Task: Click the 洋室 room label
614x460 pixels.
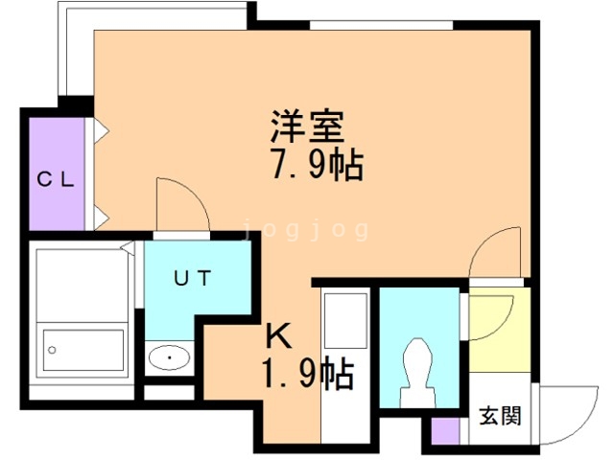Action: click(x=307, y=126)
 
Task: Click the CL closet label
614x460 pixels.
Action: click(x=56, y=180)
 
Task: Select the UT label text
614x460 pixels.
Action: click(x=193, y=278)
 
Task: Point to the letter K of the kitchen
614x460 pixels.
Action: click(x=278, y=337)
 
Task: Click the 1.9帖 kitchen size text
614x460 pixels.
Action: click(x=308, y=374)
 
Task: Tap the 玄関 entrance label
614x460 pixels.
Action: click(x=501, y=415)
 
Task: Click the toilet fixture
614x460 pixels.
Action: click(x=417, y=372)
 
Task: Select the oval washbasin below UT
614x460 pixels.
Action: click(x=170, y=357)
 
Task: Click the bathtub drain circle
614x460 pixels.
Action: click(x=52, y=350)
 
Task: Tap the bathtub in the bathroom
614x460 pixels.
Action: click(x=83, y=350)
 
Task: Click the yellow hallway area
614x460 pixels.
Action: click(x=500, y=330)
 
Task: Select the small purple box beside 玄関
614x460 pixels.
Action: click(x=445, y=431)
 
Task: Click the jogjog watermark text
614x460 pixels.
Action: click(x=306, y=230)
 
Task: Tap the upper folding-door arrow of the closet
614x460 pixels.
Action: click(x=101, y=131)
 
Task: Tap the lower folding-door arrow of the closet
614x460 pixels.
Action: click(x=101, y=218)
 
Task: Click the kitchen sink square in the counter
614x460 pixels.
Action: click(x=345, y=316)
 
